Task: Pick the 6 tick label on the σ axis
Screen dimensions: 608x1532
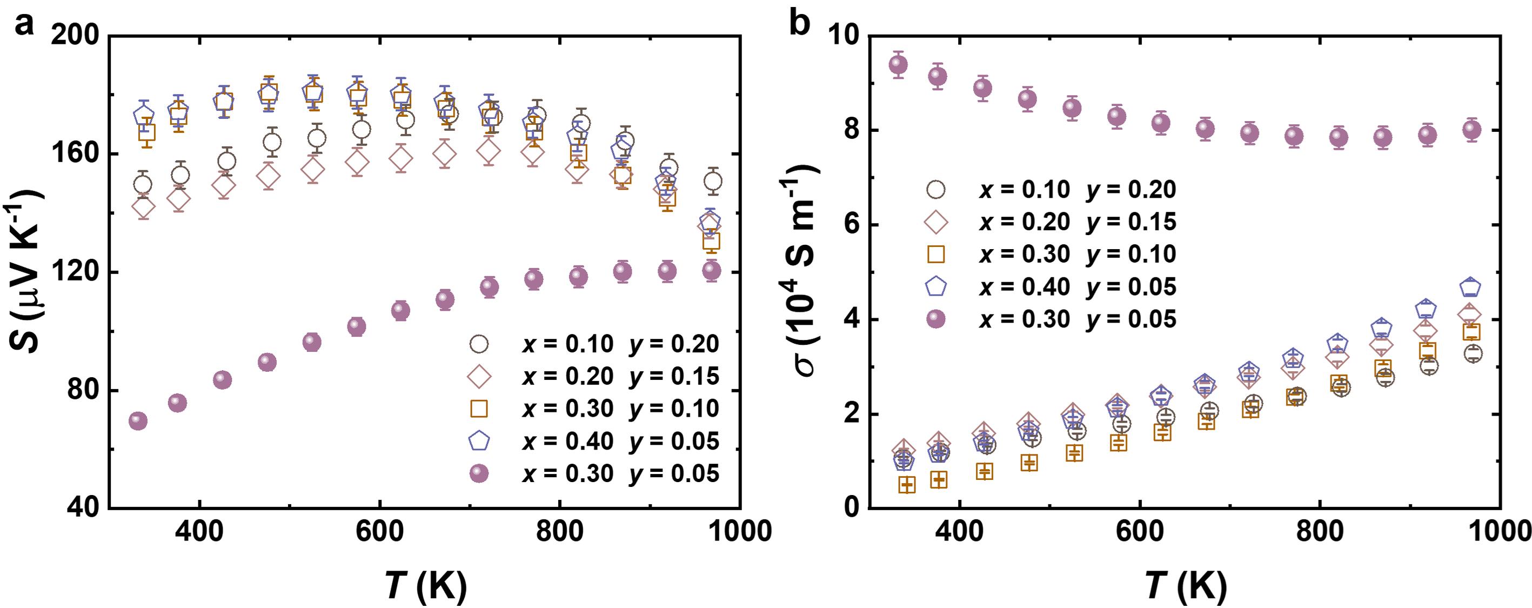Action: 852,225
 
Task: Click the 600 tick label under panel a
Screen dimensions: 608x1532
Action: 379,531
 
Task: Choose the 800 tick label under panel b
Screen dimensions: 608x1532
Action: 1320,531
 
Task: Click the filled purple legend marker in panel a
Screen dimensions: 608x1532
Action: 479,473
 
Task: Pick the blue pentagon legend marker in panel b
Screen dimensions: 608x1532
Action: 936,288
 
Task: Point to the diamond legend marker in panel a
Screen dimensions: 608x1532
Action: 479,376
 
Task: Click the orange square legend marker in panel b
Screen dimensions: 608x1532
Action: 936,255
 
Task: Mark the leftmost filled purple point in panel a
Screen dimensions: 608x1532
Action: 138,421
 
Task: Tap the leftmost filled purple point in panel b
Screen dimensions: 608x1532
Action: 898,65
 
